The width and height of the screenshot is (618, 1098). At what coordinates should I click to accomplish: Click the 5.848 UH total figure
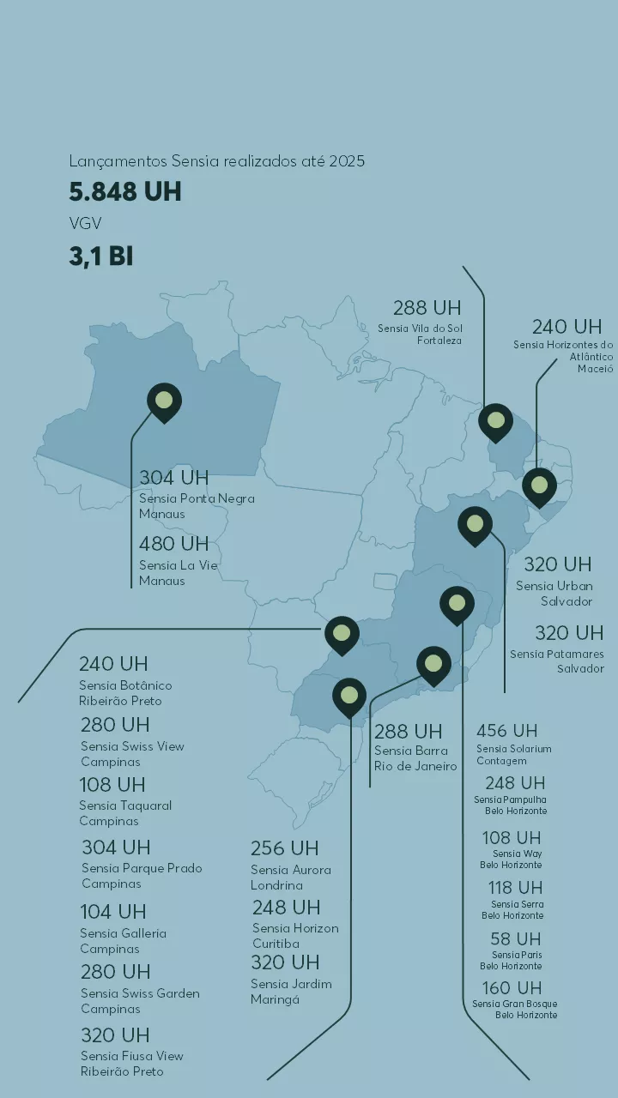coord(125,191)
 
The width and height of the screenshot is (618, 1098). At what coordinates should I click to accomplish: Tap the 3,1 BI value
coord(101,256)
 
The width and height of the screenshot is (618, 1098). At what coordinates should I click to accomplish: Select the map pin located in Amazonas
coord(164,401)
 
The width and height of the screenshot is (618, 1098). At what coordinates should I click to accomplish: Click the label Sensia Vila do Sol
coord(421,335)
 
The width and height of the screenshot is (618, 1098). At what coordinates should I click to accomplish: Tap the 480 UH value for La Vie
coord(174,544)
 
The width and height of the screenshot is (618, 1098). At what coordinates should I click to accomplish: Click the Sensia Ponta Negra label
coord(197,506)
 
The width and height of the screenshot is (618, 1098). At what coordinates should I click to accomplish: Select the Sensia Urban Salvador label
coord(554,594)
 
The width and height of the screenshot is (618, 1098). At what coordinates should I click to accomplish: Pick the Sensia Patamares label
coord(557,661)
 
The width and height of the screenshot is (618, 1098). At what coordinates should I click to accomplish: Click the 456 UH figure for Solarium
coord(506,731)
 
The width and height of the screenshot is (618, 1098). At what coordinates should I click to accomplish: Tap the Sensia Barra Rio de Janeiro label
coord(415,758)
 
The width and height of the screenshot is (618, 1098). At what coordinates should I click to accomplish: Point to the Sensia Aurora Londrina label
coord(290,878)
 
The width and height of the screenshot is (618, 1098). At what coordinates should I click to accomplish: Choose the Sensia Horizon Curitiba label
coord(295,936)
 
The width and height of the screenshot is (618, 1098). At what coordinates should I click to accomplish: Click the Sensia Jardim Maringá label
coord(290,992)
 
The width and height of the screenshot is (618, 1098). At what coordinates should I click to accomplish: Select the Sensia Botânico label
coord(125,693)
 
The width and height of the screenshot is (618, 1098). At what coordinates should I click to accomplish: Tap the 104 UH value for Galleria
coord(113,912)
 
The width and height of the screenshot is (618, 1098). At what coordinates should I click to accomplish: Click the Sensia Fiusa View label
coord(131,1064)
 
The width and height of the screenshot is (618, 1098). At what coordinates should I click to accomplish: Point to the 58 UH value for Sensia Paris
coord(516,939)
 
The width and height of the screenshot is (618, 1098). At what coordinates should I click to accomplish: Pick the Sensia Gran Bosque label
coord(515,1010)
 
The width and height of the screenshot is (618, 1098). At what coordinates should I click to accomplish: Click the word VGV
coord(85,224)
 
